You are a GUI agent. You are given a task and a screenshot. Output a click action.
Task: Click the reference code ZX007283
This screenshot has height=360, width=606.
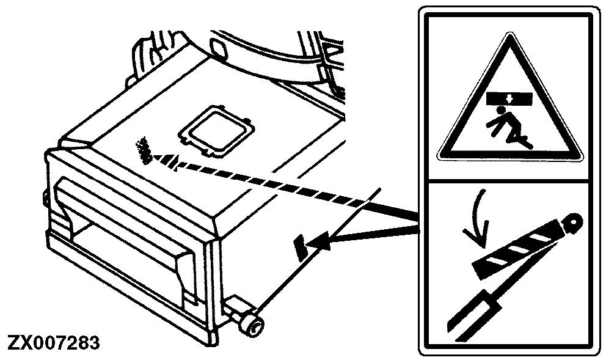point(53,342)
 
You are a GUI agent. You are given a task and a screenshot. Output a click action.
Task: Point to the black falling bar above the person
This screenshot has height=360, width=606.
point(509,98)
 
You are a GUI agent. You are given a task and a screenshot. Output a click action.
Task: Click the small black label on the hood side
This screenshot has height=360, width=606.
point(301,247)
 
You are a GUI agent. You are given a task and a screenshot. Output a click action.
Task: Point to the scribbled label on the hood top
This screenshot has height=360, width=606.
point(143,150)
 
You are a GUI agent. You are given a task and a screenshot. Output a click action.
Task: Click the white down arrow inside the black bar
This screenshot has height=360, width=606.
point(509,99)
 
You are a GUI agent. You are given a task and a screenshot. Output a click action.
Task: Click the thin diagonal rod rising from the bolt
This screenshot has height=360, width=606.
point(318,250)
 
